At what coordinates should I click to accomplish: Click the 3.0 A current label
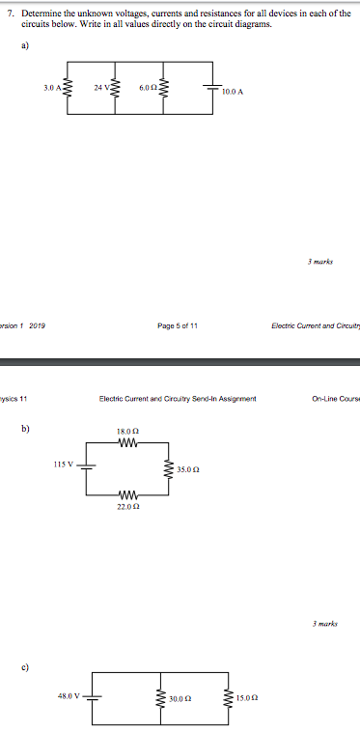pos(52,87)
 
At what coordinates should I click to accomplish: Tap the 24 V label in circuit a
pos(101,87)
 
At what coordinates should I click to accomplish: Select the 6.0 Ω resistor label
pos(147,87)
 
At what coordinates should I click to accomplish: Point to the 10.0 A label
pos(233,92)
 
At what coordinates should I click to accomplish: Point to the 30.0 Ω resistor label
pos(181,699)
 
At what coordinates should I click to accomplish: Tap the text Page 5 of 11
pos(180,326)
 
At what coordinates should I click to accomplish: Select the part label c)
pos(26,640)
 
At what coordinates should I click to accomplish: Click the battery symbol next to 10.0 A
pos(211,87)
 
